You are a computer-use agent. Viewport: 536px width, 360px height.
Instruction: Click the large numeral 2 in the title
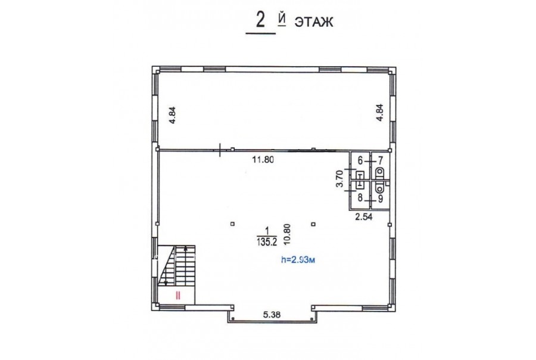[x=260, y=21]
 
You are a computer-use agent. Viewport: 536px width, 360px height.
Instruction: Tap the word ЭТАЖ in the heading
[x=313, y=22]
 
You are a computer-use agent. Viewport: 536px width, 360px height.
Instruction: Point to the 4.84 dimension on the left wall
[x=172, y=115]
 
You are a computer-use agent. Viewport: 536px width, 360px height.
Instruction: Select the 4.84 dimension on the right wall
[x=379, y=113]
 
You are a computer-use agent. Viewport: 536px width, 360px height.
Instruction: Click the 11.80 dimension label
[x=263, y=160]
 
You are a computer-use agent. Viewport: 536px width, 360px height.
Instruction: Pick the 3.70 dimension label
[x=339, y=179]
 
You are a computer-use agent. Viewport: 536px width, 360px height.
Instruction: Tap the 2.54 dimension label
[x=364, y=216]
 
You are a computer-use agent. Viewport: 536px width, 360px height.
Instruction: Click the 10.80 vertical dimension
[x=286, y=234]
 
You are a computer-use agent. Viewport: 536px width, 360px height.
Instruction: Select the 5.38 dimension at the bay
[x=272, y=314]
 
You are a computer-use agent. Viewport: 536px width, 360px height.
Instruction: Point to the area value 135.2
[x=266, y=242]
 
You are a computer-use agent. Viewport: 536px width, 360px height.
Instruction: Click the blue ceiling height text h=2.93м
[x=297, y=260]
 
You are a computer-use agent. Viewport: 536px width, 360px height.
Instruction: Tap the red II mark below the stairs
[x=177, y=295]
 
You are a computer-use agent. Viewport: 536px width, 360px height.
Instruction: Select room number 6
[x=360, y=160]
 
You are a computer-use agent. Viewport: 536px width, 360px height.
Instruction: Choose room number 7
[x=381, y=160]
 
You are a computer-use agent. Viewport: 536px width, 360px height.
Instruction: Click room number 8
[x=360, y=197]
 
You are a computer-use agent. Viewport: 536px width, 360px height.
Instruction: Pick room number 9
[x=381, y=198]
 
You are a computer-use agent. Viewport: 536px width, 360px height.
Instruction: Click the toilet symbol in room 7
[x=379, y=172]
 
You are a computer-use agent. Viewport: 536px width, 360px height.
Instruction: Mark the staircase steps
[x=177, y=266]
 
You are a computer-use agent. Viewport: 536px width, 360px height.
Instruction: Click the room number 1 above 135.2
[x=267, y=230]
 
